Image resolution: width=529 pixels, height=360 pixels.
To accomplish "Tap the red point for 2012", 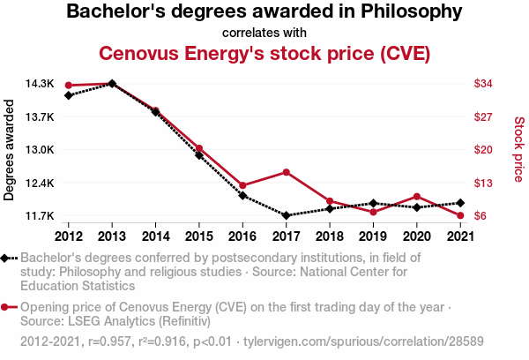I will click(x=69, y=86).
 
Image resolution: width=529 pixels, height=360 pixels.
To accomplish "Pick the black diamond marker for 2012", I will click(x=69, y=95).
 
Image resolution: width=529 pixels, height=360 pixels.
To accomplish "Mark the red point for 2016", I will click(x=242, y=185).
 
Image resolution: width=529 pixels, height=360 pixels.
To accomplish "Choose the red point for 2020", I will click(x=416, y=196).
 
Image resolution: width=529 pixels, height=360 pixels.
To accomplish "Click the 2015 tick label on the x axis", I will click(x=199, y=236).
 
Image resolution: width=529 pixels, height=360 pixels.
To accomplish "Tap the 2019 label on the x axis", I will click(x=373, y=236).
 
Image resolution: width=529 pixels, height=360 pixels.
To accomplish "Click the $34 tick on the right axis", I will click(x=482, y=84).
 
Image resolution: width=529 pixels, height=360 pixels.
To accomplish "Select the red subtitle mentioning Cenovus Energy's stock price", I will click(x=264, y=53).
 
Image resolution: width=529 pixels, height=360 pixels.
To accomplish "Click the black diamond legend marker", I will click(x=8, y=258).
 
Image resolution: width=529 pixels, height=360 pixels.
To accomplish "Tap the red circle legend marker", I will click(x=8, y=307).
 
